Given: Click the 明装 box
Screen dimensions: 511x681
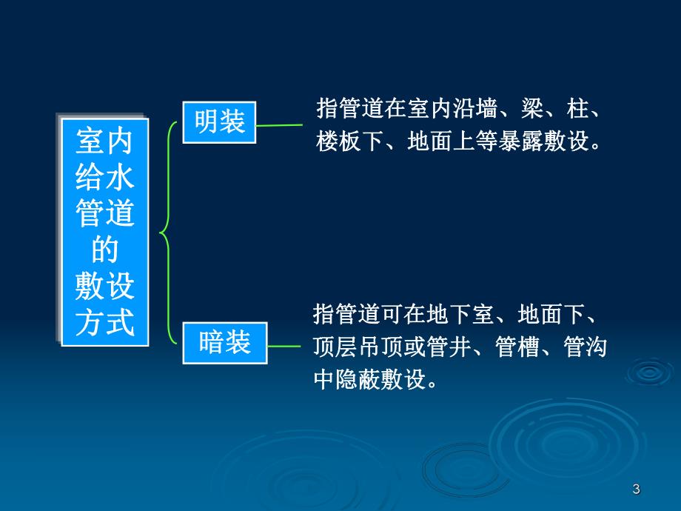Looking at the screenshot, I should (219, 122).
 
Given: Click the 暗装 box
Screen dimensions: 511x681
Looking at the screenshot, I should (224, 343).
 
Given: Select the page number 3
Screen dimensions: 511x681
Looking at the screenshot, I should (636, 489).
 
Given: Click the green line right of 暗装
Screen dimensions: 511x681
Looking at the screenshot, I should (284, 346).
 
